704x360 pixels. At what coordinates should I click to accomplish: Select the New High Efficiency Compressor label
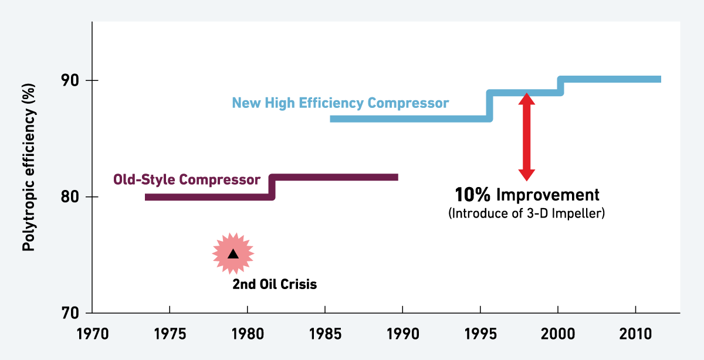pos(340,103)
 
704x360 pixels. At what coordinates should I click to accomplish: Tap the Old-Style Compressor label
pos(187,179)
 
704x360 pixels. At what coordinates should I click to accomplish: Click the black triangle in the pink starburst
pos(233,254)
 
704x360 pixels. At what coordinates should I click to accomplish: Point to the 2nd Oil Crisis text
pos(275,285)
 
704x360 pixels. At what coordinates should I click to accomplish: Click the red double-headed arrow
pos(526,137)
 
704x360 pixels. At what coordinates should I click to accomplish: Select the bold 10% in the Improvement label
pos(473,195)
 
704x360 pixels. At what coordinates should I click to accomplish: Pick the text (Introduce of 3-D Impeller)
pos(526,213)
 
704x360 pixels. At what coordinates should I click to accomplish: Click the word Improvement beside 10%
pos(548,195)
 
